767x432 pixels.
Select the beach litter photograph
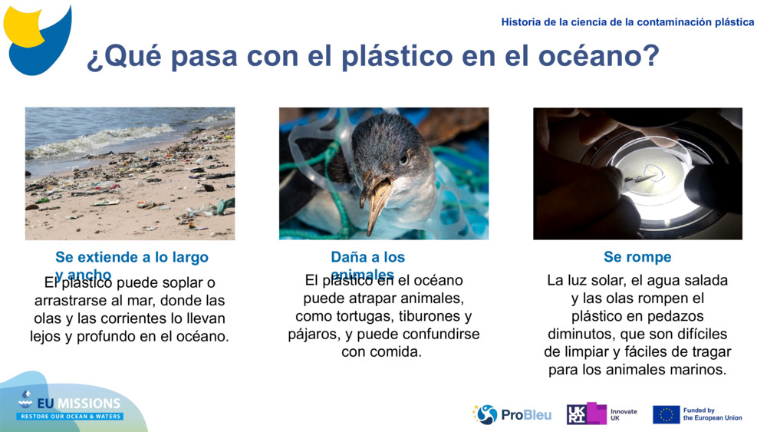pyautogui.click(x=130, y=173)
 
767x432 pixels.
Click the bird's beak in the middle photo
pyautogui.click(x=377, y=200)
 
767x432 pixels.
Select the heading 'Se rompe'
pyautogui.click(x=637, y=257)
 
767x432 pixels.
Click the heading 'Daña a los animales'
pyautogui.click(x=367, y=258)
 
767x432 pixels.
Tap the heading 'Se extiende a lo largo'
pyautogui.click(x=132, y=257)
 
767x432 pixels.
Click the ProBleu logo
pyautogui.click(x=512, y=414)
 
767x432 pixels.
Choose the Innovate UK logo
pyautogui.click(x=601, y=414)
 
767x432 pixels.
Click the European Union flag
pyautogui.click(x=666, y=414)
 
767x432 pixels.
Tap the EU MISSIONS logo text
pyautogui.click(x=70, y=404)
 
